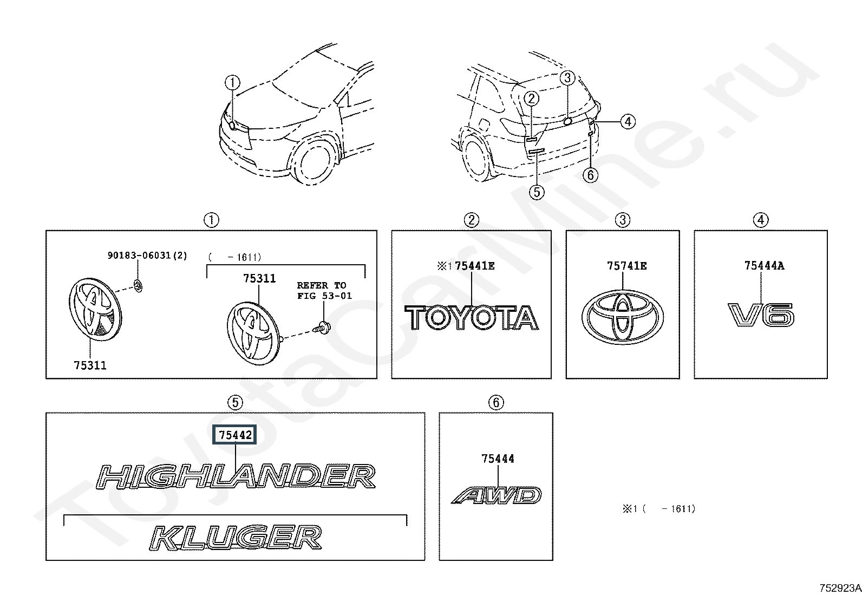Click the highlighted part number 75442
(x=235, y=435)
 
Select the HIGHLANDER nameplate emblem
(x=236, y=476)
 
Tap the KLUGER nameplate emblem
(x=236, y=537)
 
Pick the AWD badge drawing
(x=497, y=495)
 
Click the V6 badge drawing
(x=761, y=315)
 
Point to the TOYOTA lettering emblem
(x=472, y=318)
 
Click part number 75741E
(x=626, y=265)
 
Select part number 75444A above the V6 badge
(x=764, y=265)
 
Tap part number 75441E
(x=474, y=265)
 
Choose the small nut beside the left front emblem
(x=138, y=286)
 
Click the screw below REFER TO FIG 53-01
(x=322, y=328)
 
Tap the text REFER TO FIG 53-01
(x=324, y=291)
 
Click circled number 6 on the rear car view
(x=591, y=175)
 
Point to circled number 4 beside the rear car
(x=628, y=122)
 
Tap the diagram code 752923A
(x=840, y=588)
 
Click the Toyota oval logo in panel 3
(x=622, y=317)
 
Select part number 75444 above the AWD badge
(x=498, y=459)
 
